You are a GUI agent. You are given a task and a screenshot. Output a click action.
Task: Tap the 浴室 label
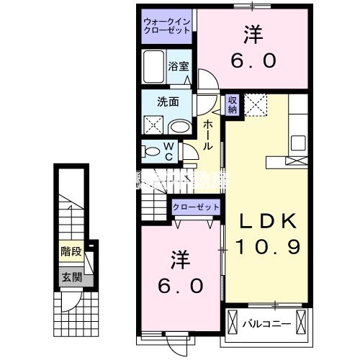(179, 66)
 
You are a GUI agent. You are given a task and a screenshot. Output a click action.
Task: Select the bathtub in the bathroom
(154, 68)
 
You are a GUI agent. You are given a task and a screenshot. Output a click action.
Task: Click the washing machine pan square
(154, 124)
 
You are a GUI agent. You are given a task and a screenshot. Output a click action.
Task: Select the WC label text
(167, 152)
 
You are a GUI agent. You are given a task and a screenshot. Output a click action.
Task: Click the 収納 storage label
(233, 105)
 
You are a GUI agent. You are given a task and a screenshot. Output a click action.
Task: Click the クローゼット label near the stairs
(196, 207)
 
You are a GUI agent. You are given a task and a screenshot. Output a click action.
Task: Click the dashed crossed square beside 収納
(256, 105)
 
